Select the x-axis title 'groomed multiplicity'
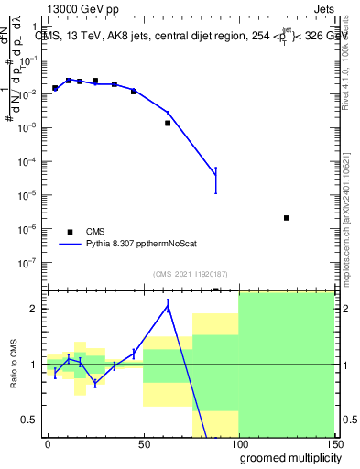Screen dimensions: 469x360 click(x=286, y=457)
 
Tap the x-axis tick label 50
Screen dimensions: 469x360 click(x=143, y=443)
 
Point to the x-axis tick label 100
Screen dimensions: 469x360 click(x=238, y=443)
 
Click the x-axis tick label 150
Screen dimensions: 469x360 click(x=333, y=443)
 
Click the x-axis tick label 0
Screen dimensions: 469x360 click(x=48, y=443)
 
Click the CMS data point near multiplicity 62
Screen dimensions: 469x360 click(x=168, y=123)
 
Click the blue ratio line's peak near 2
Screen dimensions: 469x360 click(x=168, y=307)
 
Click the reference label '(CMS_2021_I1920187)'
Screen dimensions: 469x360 click(x=190, y=274)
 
